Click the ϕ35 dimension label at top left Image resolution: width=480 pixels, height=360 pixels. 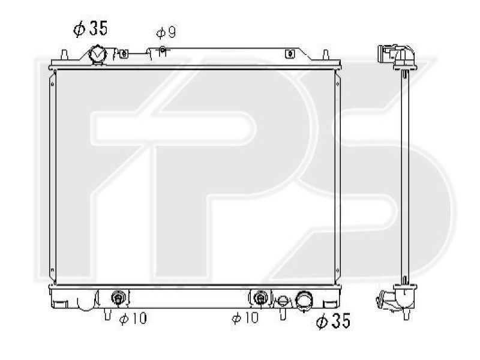(91, 28)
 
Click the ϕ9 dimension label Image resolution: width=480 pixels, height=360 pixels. (166, 32)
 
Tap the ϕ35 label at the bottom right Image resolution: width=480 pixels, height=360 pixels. (333, 321)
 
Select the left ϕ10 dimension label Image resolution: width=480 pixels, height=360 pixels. (133, 319)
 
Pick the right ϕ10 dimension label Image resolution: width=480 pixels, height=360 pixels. (245, 317)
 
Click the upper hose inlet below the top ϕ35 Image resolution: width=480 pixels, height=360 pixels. (98, 55)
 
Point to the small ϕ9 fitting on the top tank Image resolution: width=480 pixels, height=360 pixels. (163, 51)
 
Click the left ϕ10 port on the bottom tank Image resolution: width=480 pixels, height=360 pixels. (118, 298)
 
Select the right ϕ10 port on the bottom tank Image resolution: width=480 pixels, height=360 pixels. (260, 298)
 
